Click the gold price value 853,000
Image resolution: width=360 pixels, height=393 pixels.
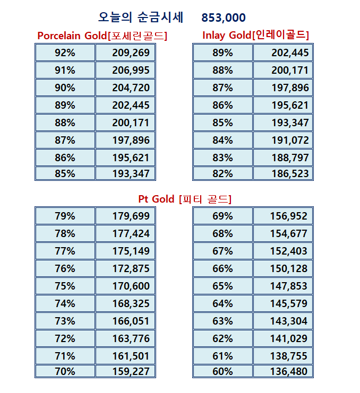(224, 18)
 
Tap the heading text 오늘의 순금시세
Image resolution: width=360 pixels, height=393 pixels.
(141, 18)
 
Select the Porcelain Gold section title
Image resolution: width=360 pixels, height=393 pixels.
(102, 36)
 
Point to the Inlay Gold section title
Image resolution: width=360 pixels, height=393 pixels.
(256, 35)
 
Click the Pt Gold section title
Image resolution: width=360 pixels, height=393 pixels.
(185, 199)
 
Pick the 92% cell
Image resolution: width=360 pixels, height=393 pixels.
(65, 53)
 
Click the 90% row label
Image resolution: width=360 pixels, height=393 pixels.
(65, 88)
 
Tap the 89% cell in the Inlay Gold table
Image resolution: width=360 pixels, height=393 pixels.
(222, 53)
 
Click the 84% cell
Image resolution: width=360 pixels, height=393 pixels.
(222, 140)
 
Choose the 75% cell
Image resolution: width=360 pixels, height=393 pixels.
(65, 286)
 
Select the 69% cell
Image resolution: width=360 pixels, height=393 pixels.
(222, 216)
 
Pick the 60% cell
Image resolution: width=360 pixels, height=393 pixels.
(222, 371)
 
